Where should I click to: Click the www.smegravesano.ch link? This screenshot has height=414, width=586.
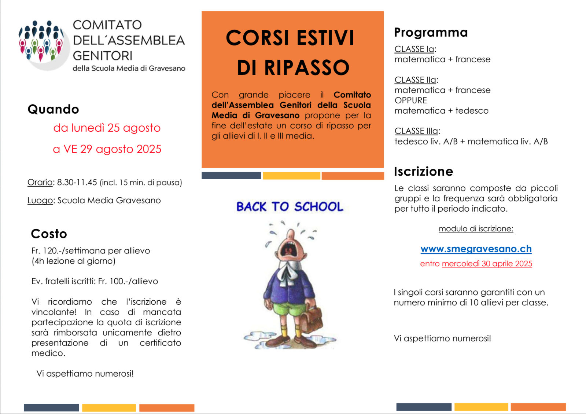click(x=476, y=249)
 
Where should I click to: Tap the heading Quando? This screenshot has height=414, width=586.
click(x=54, y=109)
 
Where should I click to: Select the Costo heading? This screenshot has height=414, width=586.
click(x=49, y=234)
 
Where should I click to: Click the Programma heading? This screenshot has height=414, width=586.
click(x=431, y=33)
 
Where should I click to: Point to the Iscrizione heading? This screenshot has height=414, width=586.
click(x=423, y=172)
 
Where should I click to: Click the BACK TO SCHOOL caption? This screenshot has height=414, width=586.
click(x=290, y=207)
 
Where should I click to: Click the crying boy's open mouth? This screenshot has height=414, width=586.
click(x=288, y=249)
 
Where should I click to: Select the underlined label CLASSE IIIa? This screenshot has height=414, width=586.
click(x=416, y=131)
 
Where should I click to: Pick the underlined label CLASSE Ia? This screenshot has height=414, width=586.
click(x=414, y=49)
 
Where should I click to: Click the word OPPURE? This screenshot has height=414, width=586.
click(x=411, y=100)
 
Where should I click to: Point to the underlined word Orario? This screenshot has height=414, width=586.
click(x=40, y=183)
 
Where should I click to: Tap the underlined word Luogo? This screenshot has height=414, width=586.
click(x=40, y=201)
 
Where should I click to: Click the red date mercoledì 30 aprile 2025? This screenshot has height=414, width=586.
click(x=487, y=264)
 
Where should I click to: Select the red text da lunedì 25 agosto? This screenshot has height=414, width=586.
click(x=107, y=128)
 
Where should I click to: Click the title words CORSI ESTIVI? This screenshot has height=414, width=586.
click(x=290, y=38)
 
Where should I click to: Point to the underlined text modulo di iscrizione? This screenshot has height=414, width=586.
click(x=476, y=229)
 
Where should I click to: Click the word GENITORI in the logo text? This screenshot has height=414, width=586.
click(x=103, y=56)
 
